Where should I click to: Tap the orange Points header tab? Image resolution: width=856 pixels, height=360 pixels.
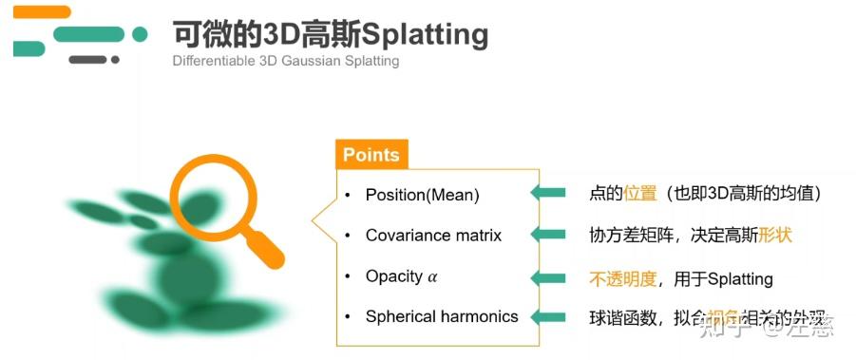coord(371,155)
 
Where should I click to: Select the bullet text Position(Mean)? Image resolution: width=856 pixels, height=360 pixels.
coord(423,195)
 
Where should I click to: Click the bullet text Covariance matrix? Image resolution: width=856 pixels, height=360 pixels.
coord(433,235)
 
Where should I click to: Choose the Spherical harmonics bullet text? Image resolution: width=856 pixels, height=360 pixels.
coord(442,316)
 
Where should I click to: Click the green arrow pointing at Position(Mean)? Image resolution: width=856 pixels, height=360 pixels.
coord(548,194)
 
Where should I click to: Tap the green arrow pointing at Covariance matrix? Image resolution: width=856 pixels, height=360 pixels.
coord(548,235)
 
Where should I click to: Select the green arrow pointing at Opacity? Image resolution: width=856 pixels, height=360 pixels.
coord(548,277)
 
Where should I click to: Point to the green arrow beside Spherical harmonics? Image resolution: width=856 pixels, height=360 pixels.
coord(548,317)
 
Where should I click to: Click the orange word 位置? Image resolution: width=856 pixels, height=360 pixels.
coord(640,194)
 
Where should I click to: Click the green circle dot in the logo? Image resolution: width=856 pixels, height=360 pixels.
coord(140,34)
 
